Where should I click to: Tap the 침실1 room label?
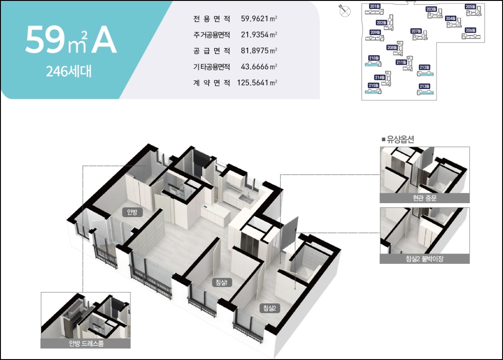pos(221,282)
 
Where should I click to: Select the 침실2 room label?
pos(269,308)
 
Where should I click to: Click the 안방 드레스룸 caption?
pos(85,344)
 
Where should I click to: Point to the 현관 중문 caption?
pos(424,198)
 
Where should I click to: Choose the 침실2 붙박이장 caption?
pos(424,259)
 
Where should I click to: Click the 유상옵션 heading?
pos(397,139)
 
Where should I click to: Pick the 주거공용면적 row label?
pos(211,35)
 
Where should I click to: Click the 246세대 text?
pos(68,71)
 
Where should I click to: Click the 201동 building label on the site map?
pos(374,6)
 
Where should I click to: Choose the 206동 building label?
pos(470,30)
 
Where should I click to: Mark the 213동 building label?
pos(424,86)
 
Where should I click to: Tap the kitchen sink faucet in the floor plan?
pos(247,195)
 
